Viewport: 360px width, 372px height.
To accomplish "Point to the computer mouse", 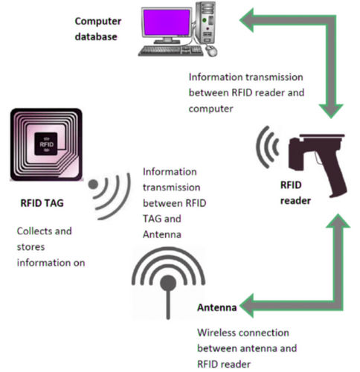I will coord(212,51).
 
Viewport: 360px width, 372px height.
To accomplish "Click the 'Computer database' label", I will coord(99,25).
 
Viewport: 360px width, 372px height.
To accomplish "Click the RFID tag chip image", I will coord(48,146).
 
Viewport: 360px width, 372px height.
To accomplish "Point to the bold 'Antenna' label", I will coord(216,307).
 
